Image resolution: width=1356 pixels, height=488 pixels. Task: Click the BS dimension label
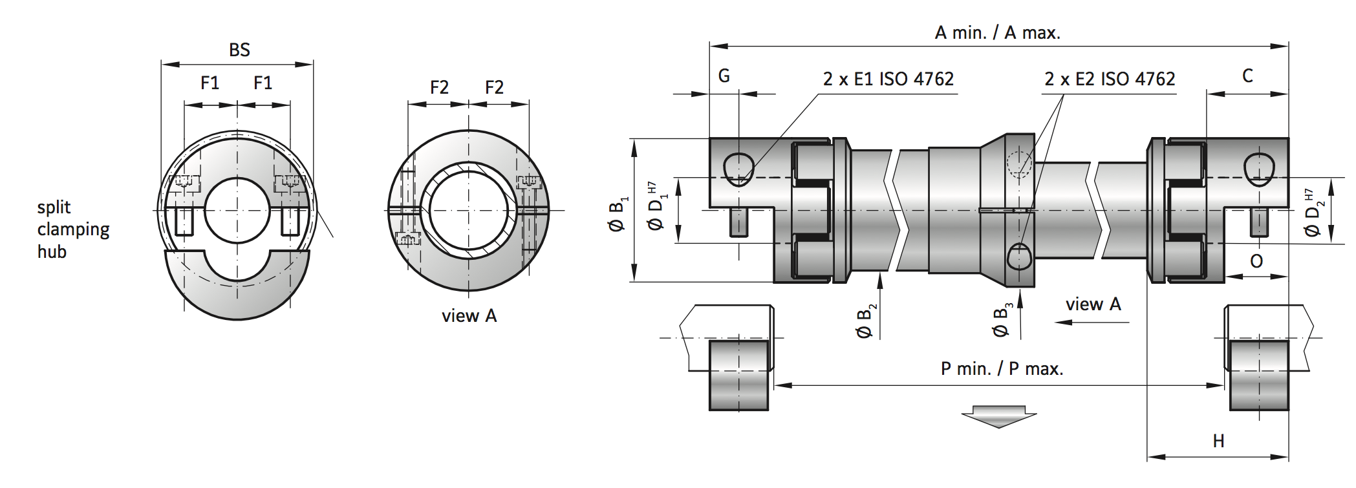tap(239, 50)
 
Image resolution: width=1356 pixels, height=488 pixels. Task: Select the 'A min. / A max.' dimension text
tap(997, 32)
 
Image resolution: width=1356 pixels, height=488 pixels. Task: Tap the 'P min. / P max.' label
tap(1002, 368)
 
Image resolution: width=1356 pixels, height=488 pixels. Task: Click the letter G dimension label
tap(724, 76)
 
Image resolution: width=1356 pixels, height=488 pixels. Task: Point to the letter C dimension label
tap(1247, 76)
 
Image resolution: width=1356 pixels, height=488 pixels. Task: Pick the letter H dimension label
tap(1218, 441)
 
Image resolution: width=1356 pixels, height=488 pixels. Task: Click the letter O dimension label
tap(1256, 261)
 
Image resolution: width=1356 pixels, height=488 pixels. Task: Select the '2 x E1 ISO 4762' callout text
tap(888, 79)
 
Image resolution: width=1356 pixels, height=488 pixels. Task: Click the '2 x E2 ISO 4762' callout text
tap(1109, 79)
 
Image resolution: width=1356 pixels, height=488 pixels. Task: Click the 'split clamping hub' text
tap(72, 229)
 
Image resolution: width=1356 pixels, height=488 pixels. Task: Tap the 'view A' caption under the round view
tap(469, 316)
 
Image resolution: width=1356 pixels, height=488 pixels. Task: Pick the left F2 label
tap(439, 87)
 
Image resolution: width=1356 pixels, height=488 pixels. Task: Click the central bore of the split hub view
tap(237, 210)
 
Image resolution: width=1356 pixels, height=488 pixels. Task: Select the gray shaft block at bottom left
tap(738, 375)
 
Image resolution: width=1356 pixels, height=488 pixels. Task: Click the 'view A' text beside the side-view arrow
tap(1093, 304)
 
